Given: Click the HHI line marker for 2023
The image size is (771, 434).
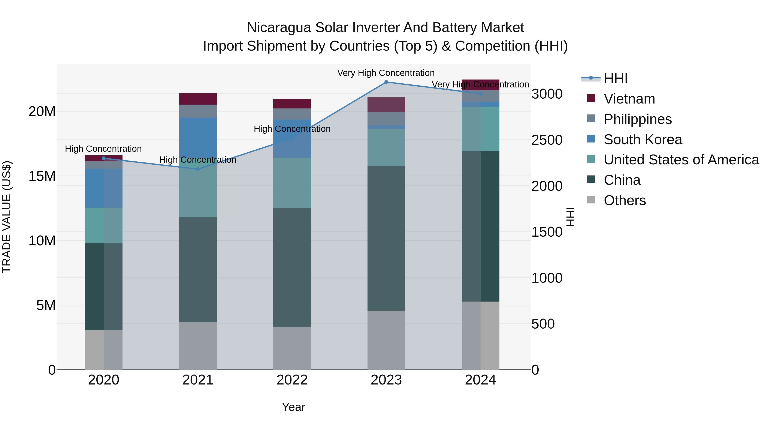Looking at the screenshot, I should click(x=386, y=82).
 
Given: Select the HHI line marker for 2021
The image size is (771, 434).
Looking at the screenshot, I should click(x=198, y=169).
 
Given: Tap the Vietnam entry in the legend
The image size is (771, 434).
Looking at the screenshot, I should click(x=629, y=99).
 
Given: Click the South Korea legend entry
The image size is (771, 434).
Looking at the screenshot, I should click(x=642, y=140).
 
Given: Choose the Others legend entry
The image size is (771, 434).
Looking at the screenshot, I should click(x=625, y=200).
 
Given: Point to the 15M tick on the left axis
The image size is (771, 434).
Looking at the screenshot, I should click(x=42, y=176).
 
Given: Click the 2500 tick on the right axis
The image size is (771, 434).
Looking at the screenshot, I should click(x=547, y=140).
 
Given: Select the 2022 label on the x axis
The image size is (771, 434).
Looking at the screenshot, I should click(x=292, y=380).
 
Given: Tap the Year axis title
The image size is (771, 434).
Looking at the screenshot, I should click(x=293, y=407).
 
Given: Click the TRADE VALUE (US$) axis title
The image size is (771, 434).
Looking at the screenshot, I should click(x=7, y=217).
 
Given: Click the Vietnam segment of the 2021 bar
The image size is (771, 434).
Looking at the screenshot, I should click(x=198, y=99).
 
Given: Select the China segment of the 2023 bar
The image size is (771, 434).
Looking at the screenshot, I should click(x=386, y=238).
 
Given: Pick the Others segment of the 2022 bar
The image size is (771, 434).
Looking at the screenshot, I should click(x=292, y=348).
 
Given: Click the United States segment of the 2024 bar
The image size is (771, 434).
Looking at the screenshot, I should click(x=480, y=129).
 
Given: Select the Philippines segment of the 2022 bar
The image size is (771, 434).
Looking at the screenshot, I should click(x=292, y=114).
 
